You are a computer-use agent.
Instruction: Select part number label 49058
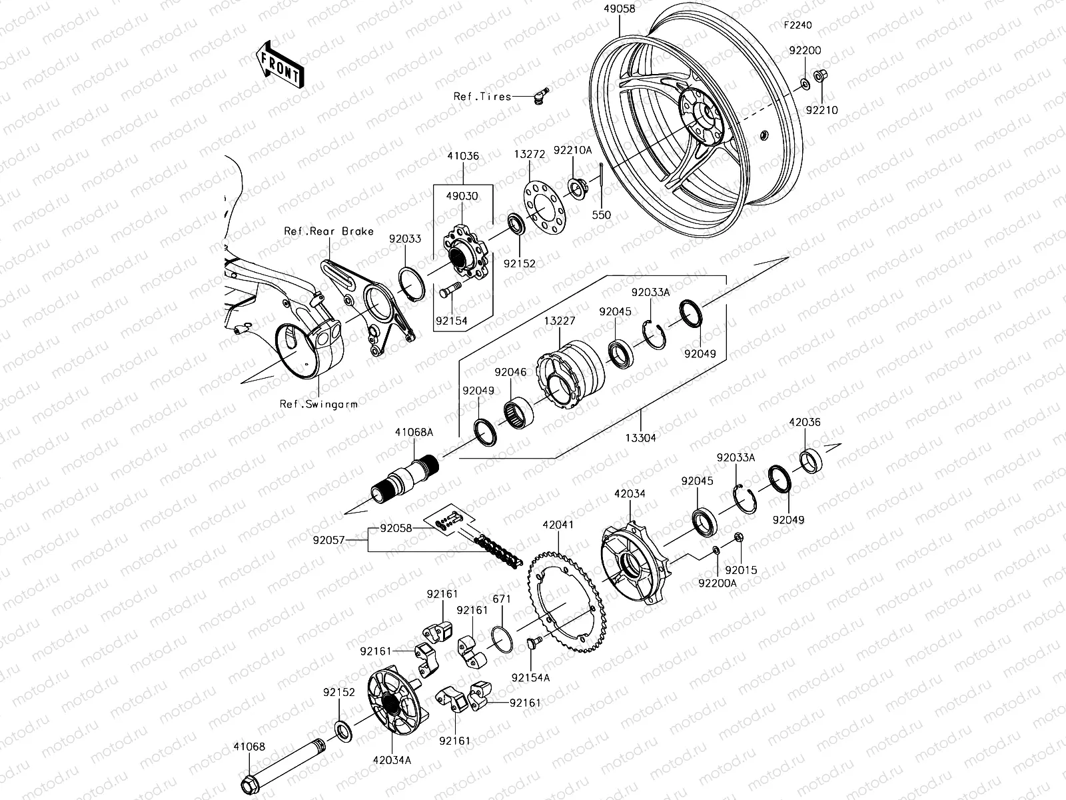point(619,9)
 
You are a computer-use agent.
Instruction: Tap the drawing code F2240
point(798,25)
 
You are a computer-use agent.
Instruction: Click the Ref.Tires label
point(482,97)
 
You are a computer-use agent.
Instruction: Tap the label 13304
point(640,437)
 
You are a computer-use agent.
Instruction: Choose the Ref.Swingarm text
point(318,403)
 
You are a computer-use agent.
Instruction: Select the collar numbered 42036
point(810,460)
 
